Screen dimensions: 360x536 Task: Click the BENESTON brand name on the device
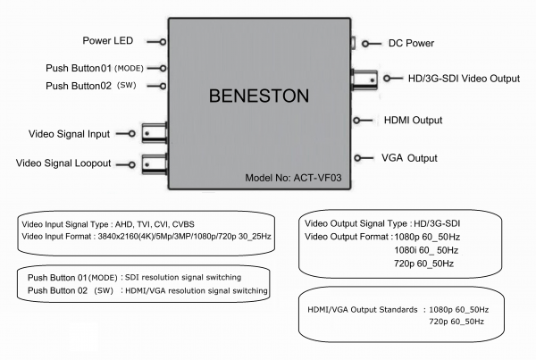tap(258, 95)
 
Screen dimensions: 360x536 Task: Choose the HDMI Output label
tap(412, 120)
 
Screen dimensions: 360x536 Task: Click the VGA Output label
tap(409, 158)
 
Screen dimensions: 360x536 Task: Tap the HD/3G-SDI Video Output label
tap(456, 79)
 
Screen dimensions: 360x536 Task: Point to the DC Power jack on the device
tap(354, 43)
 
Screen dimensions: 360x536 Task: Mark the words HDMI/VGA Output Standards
tap(362, 308)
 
